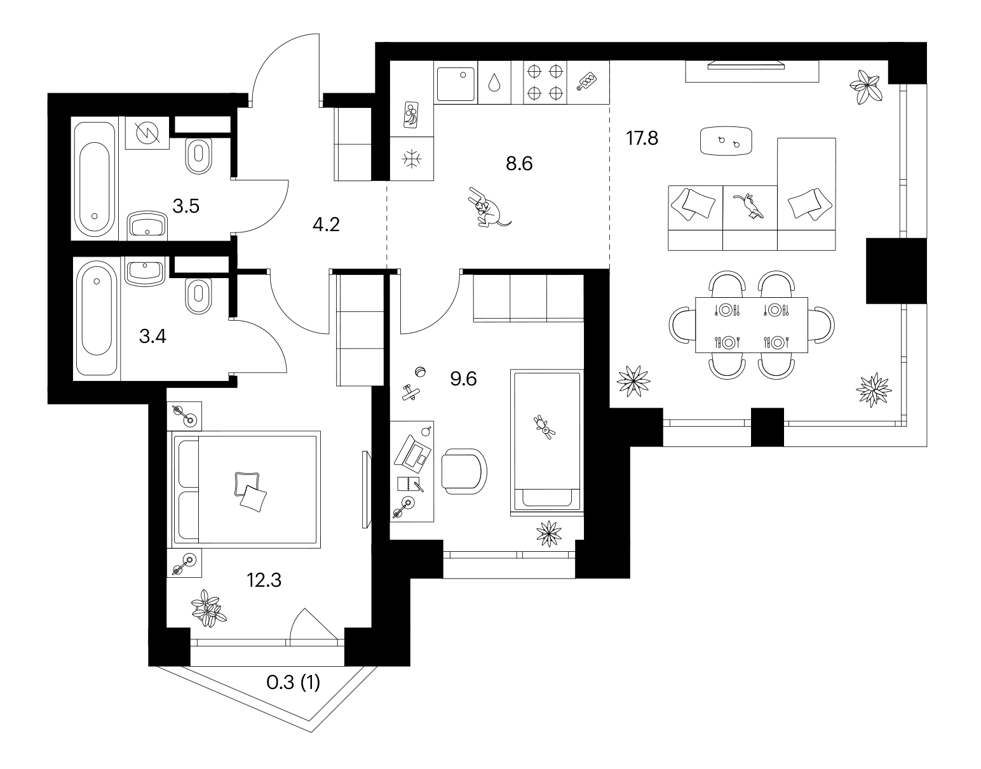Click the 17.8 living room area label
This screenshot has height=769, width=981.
click(x=642, y=138)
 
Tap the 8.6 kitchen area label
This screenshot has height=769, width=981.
click(x=519, y=163)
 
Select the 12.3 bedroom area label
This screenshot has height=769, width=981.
click(x=264, y=580)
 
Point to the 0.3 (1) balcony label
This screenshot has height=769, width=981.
click(x=293, y=683)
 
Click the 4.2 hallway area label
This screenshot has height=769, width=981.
click(x=326, y=224)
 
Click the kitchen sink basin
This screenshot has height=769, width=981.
click(x=456, y=84)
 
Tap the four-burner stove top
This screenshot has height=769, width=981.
click(x=545, y=83)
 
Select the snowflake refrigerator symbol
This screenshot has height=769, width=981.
click(x=412, y=159)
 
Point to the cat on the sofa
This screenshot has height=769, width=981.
click(x=749, y=206)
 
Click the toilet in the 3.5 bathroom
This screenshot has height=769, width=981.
click(x=199, y=156)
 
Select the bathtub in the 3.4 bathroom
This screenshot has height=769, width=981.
click(x=97, y=318)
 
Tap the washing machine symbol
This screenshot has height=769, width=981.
click(x=147, y=133)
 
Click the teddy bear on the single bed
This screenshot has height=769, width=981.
click(x=545, y=427)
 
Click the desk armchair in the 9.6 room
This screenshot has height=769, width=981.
click(x=464, y=471)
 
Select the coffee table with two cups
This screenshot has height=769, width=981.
click(x=726, y=141)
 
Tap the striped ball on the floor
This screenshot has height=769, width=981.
click(x=421, y=371)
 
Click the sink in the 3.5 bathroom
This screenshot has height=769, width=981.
click(x=147, y=224)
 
